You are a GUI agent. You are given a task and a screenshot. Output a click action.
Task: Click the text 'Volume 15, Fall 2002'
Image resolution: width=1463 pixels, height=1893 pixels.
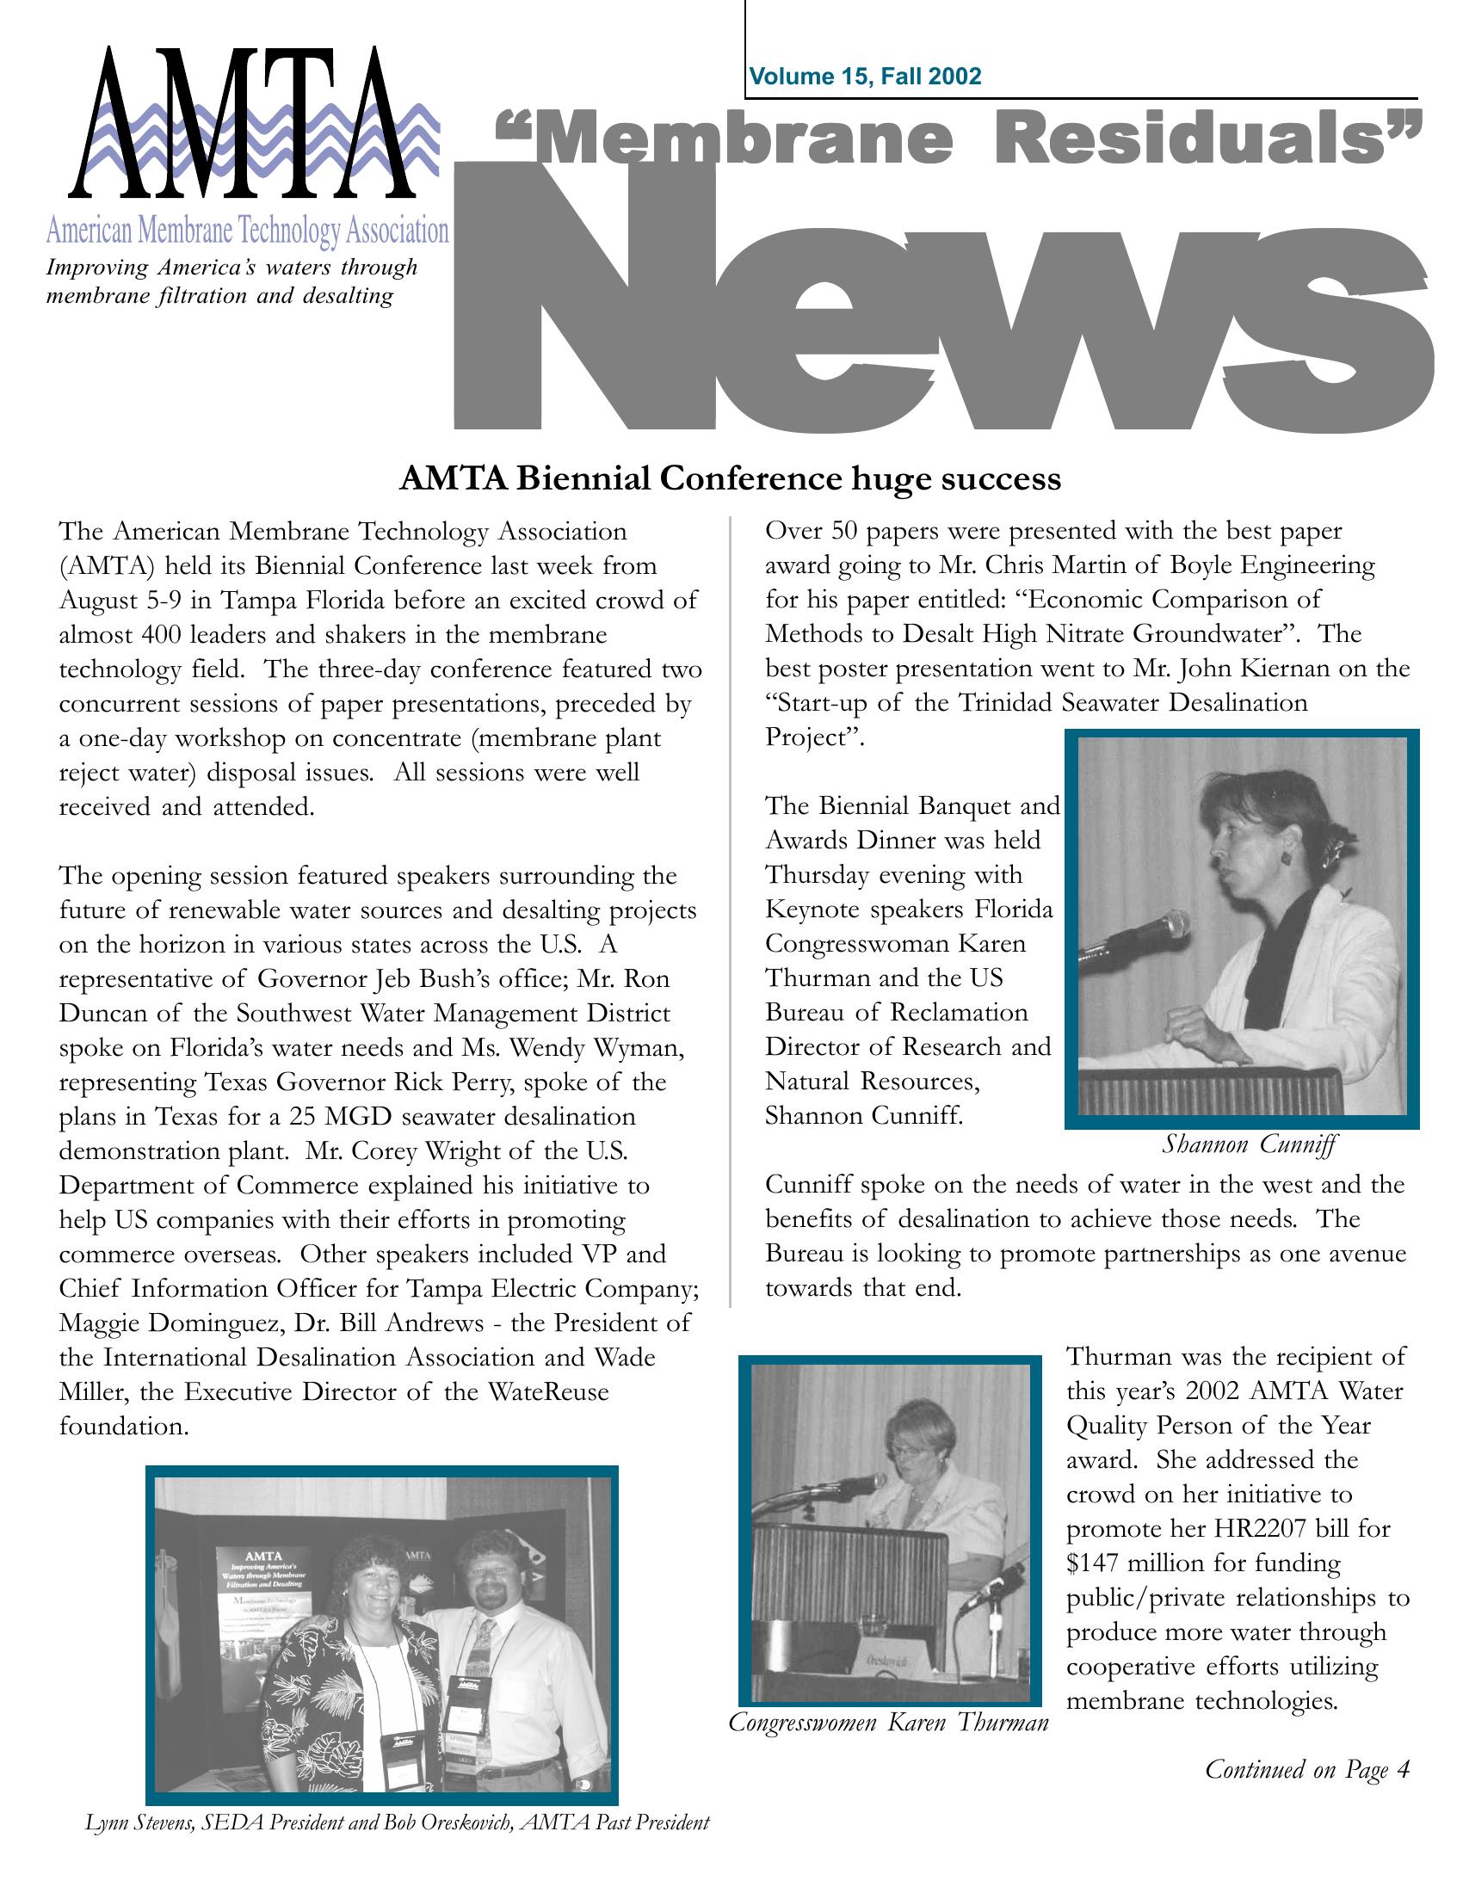[865, 77]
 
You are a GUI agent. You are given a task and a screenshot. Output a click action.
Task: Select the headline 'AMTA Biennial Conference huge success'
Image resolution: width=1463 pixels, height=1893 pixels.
[730, 478]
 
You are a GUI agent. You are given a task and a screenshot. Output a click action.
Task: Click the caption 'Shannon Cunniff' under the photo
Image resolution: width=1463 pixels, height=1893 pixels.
[1249, 1144]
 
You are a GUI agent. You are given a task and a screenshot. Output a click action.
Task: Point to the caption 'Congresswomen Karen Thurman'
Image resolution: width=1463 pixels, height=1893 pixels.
[888, 1723]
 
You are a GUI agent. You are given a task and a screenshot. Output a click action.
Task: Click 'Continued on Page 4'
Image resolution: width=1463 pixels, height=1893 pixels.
[1307, 1769]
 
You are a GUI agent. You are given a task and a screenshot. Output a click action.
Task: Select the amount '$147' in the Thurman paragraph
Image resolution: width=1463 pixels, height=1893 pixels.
[1093, 1563]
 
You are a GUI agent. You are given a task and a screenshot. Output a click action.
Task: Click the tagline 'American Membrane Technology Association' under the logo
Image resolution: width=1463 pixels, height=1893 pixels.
[247, 231]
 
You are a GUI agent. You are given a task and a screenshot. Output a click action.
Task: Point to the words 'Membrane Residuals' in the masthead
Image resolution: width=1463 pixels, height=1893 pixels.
[959, 141]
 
